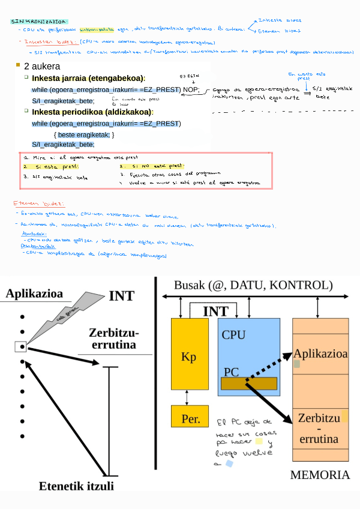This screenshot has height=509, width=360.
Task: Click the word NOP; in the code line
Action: click(x=191, y=89)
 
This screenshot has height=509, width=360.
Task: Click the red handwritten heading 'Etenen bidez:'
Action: click(x=38, y=204)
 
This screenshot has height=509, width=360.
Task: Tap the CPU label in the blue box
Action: click(x=233, y=334)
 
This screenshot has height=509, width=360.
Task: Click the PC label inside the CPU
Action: click(x=232, y=372)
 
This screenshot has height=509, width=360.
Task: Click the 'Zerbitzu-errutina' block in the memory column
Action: click(x=319, y=428)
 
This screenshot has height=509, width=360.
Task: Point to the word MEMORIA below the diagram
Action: click(x=320, y=475)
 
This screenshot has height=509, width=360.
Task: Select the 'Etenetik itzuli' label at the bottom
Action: click(x=76, y=486)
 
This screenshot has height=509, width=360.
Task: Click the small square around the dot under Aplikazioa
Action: click(x=21, y=346)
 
